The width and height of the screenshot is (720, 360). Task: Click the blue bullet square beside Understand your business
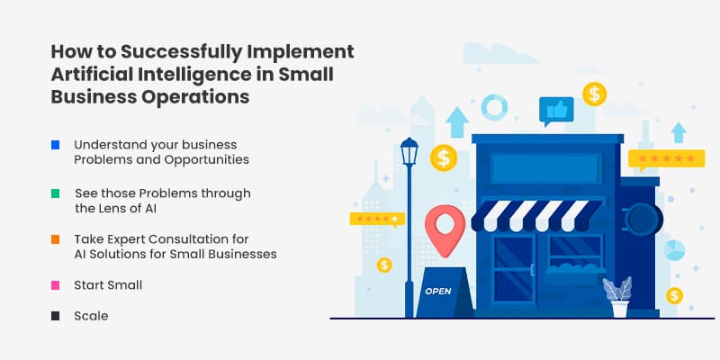coord(56,144)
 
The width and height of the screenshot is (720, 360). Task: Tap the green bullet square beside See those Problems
coord(56,193)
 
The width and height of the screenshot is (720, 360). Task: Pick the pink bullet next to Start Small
coord(56,284)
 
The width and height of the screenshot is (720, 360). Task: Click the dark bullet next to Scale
coord(56,316)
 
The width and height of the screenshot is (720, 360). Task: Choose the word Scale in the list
coord(91,316)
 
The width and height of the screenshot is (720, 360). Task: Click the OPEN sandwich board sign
coord(437,290)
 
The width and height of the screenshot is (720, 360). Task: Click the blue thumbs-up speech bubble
coord(556,111)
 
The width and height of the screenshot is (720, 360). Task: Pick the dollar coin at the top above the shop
coord(593,93)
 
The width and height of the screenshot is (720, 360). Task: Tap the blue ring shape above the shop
coord(494,107)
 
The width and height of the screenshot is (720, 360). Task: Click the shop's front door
coord(513,274)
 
